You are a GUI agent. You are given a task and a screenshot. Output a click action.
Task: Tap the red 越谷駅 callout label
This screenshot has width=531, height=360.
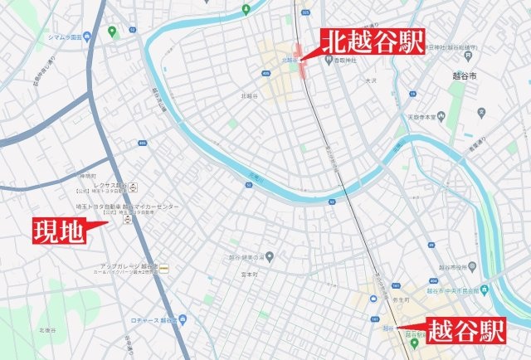pyautogui.click(x=464, y=332)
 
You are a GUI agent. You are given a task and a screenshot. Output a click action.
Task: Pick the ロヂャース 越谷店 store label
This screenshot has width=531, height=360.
pyautogui.click(x=153, y=319)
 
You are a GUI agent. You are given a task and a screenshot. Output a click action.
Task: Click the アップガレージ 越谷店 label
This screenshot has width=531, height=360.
pyautogui.click(x=124, y=266)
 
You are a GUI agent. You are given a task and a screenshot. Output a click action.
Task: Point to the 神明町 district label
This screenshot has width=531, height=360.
pyautogui.click(x=88, y=177)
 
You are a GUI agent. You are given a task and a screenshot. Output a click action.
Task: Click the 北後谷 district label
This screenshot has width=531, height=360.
pyautogui.click(x=46, y=329)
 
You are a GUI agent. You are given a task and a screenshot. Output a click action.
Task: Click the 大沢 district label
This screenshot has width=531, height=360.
pyautogui.click(x=370, y=81)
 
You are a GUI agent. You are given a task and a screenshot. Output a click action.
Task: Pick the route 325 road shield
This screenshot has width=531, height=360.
pyautogui.click(x=306, y=13)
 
